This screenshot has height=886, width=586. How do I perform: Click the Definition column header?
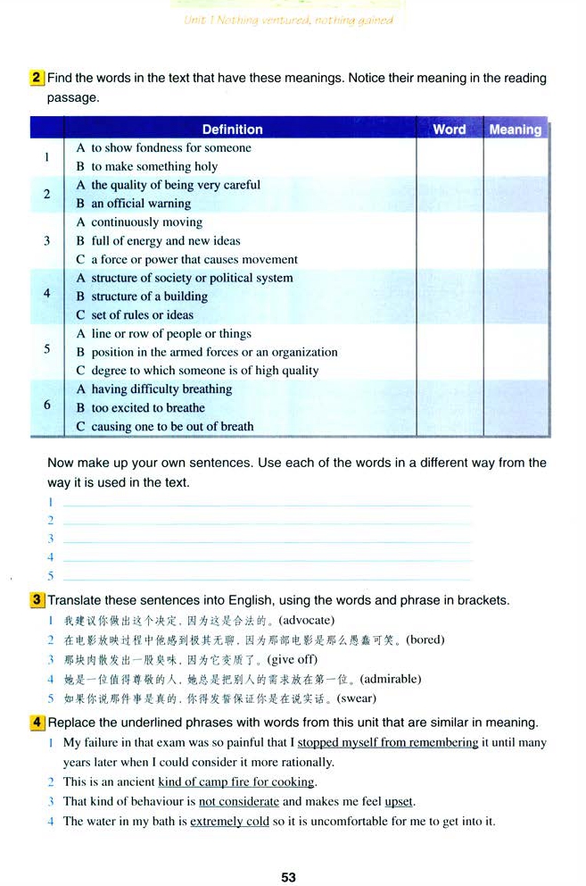pos(232,129)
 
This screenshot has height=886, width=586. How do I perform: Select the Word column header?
pos(449,129)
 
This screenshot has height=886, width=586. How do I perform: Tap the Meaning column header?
pos(515,130)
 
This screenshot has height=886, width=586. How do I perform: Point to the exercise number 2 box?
pos(37,78)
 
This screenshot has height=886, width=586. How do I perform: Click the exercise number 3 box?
pos(37,600)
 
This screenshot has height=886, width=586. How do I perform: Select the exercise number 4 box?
pos(37,722)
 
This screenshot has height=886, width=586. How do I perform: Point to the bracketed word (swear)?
pos(357,698)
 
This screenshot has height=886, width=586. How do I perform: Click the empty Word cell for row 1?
pos(449,157)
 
